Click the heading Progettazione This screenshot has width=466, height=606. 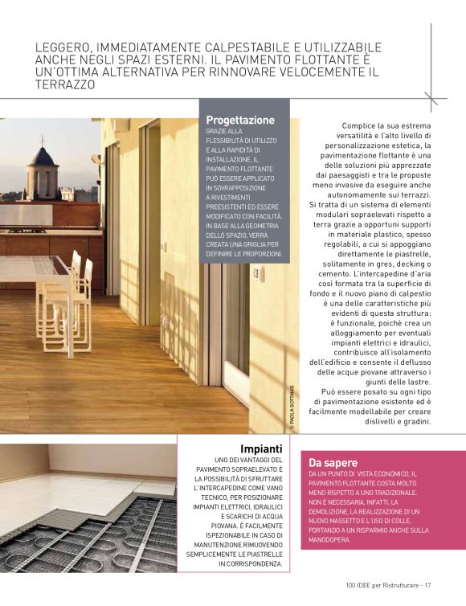coord(240,120)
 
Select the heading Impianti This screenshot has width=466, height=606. coord(261,448)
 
